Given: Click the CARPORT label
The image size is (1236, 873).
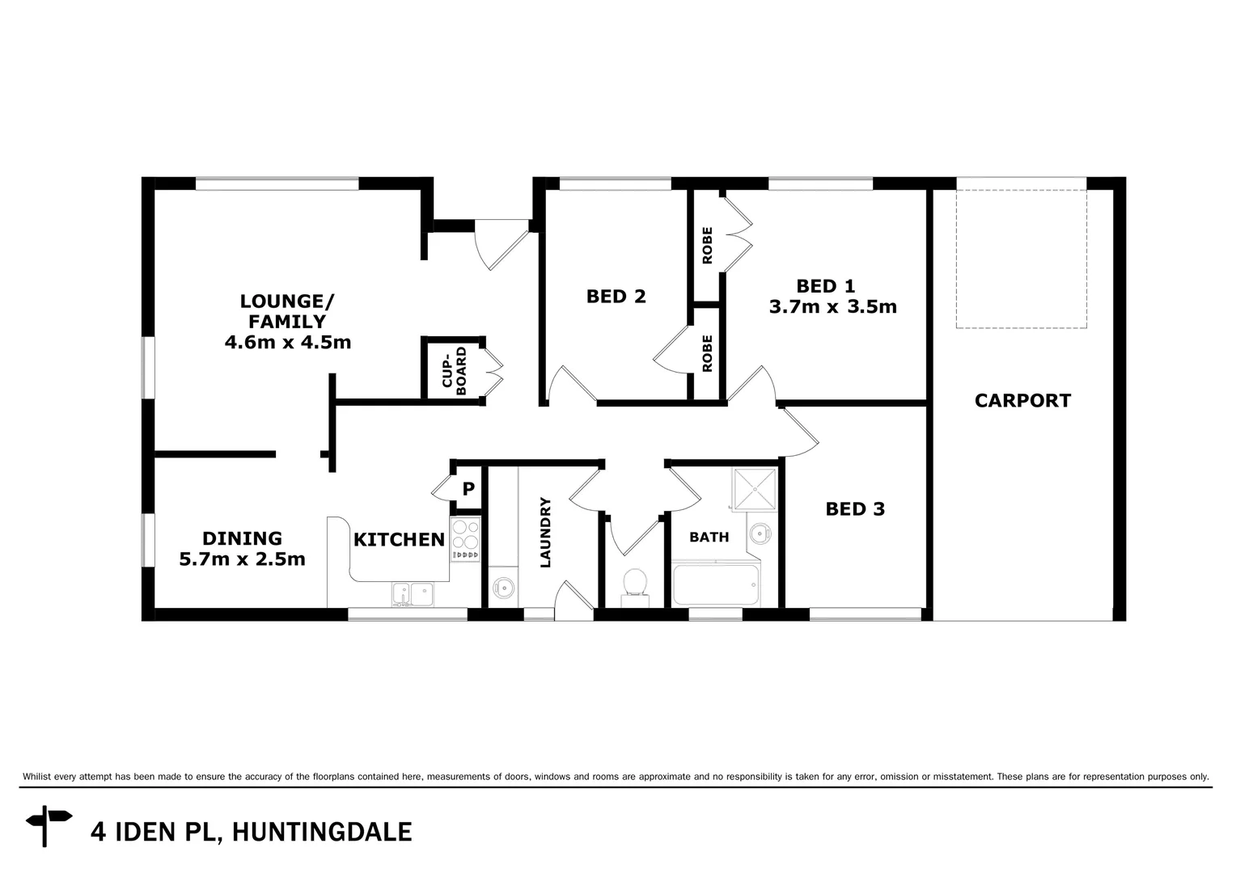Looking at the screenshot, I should (x=1022, y=400).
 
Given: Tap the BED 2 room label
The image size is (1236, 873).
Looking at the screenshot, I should (x=616, y=296).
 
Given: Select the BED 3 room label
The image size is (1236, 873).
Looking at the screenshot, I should (x=855, y=508).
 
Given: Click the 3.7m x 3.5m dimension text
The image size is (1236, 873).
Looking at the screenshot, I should (x=832, y=307).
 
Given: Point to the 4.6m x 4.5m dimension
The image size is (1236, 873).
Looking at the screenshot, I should (x=287, y=342).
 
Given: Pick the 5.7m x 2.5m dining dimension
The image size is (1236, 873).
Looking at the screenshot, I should (x=242, y=559).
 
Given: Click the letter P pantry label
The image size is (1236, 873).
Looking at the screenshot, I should (x=468, y=489).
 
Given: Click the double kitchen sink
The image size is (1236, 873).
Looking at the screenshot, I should (x=413, y=594).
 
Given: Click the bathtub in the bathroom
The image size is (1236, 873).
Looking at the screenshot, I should (x=716, y=585).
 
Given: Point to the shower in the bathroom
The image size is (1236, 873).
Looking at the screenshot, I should (x=755, y=488).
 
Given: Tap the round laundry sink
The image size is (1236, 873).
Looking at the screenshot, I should (x=502, y=588).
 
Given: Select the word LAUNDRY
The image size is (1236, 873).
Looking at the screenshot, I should (x=545, y=532).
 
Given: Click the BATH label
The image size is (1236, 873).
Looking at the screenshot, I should (x=709, y=537).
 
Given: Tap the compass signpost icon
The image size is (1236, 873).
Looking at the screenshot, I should (x=48, y=825).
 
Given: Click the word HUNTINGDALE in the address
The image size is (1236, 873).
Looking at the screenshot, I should (x=322, y=832).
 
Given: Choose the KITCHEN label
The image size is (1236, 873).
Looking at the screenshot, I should (x=399, y=539).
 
